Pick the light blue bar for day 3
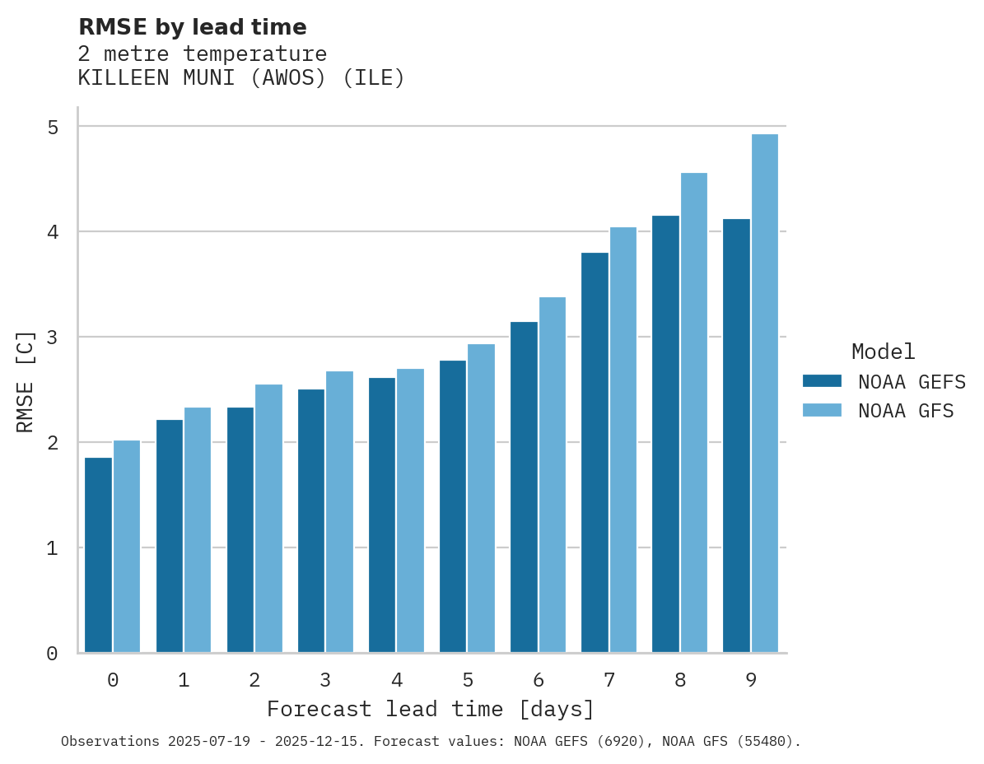click(339, 511)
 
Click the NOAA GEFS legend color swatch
click(822, 381)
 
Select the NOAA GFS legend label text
click(905, 411)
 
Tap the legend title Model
click(883, 352)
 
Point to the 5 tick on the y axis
click(53, 127)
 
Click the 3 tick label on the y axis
click(53, 338)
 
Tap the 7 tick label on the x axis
click(609, 680)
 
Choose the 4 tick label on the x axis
click(396, 680)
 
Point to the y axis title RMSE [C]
click(26, 381)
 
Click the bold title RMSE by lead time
click(192, 27)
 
